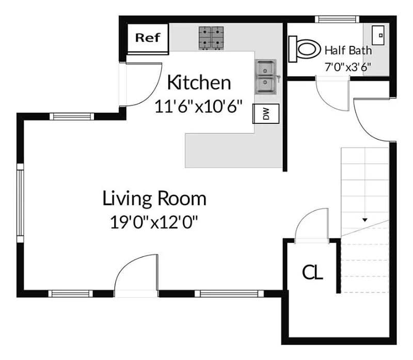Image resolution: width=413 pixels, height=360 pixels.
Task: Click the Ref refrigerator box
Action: click(148, 38)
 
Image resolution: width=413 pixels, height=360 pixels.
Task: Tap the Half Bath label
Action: click(347, 51)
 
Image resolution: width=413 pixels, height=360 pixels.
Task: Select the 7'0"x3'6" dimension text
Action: click(347, 67)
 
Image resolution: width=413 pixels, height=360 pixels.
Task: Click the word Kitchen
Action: click(199, 83)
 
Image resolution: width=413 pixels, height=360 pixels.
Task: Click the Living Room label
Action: click(154, 198)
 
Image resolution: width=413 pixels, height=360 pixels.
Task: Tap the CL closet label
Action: click(312, 272)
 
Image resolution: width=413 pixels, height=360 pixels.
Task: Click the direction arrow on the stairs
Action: click(365, 220)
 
